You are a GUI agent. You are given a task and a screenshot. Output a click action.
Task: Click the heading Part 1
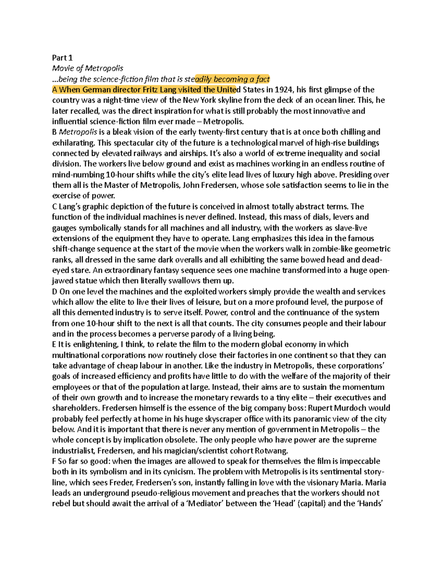click(62, 58)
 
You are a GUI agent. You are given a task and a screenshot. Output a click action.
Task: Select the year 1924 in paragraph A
click(285, 90)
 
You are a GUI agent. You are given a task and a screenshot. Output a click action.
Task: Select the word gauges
click(64, 228)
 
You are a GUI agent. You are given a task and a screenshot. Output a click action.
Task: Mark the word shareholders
click(76, 408)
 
